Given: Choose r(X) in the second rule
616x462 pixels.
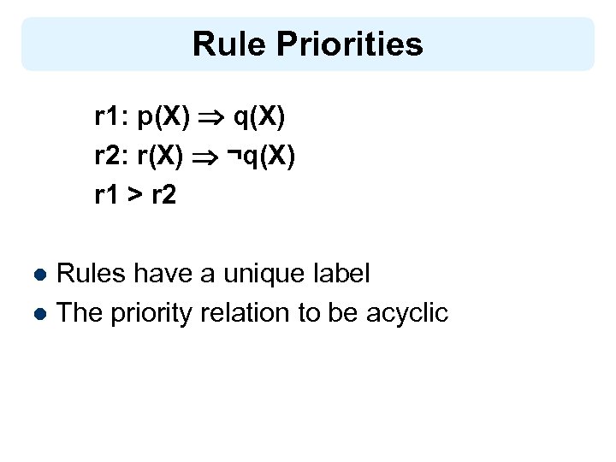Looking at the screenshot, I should point(161,157).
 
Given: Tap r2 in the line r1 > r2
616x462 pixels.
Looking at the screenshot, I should point(164,196).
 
